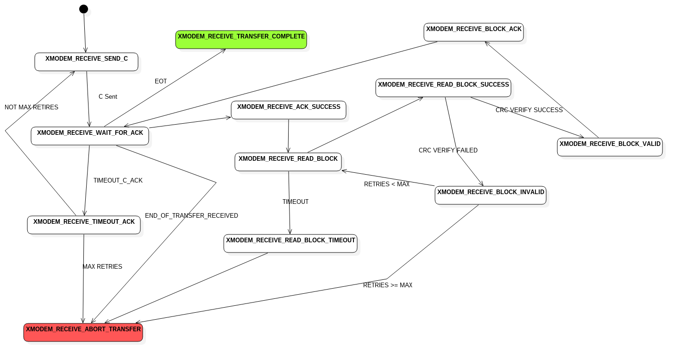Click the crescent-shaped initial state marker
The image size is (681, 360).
(87, 13)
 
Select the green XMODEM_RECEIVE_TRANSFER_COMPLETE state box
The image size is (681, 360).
(241, 40)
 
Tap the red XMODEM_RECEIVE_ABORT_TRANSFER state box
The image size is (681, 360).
(83, 333)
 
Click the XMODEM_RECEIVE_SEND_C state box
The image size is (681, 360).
(87, 62)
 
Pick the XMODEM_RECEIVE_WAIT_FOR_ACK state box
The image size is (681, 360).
(90, 136)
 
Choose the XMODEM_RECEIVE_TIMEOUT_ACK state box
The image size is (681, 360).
(84, 225)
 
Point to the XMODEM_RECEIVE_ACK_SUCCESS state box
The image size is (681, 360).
(289, 110)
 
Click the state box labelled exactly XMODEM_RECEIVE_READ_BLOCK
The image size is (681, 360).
(288, 162)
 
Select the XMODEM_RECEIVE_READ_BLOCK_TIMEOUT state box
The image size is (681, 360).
(290, 244)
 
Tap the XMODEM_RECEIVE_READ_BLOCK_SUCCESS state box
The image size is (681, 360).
(443, 88)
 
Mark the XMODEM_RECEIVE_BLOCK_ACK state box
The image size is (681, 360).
(473, 32)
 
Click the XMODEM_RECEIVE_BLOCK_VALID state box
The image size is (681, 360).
(610, 147)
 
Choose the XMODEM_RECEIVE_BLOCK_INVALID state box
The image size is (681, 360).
(491, 196)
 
